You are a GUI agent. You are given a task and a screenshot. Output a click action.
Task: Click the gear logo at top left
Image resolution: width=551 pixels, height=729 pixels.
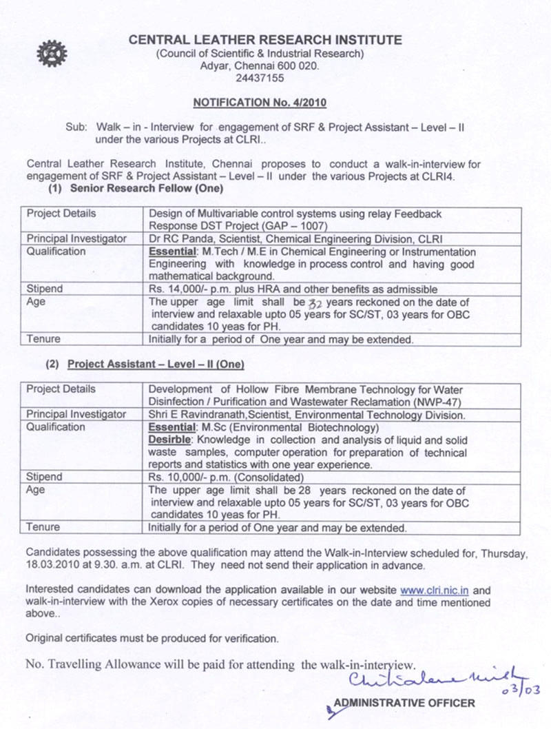click(x=52, y=53)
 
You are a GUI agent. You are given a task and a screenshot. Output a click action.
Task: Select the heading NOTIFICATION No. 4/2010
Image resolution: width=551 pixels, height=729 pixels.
click(x=259, y=103)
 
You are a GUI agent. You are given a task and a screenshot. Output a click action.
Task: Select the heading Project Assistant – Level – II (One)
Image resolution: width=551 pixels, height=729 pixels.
click(x=156, y=364)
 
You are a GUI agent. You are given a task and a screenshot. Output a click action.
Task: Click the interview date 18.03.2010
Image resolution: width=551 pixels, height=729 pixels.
click(x=50, y=565)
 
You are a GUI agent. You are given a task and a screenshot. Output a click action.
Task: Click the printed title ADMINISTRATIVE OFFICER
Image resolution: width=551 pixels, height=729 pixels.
click(x=404, y=703)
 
